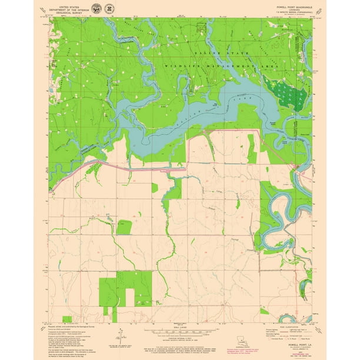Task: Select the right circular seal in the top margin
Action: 109,8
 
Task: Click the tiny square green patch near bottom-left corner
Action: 67,319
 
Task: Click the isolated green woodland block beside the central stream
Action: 124,227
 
